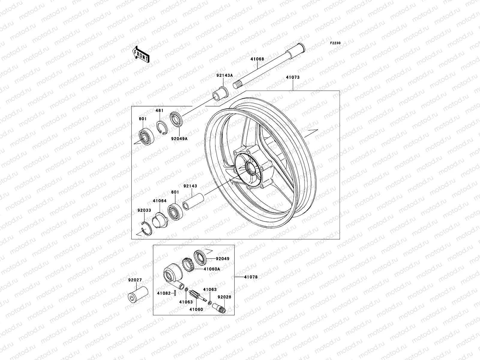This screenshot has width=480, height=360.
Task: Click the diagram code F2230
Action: click(x=335, y=43)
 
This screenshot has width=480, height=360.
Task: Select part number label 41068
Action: click(x=257, y=59)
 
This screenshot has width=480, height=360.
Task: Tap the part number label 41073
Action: click(x=292, y=77)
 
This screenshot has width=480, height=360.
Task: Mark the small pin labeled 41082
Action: click(x=175, y=293)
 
